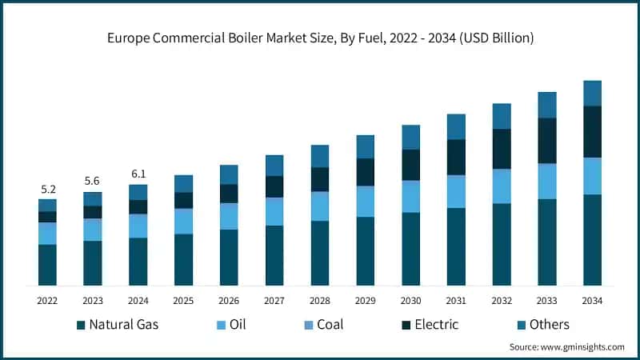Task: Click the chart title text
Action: coord(320,38)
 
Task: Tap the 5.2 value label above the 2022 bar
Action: coord(48,190)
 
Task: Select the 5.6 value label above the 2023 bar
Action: coord(93,182)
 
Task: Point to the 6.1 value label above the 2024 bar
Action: coord(138,174)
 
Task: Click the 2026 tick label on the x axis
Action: coord(229,301)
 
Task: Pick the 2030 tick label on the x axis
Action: coord(410,301)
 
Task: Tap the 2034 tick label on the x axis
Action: coord(592,301)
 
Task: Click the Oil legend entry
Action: coord(232,325)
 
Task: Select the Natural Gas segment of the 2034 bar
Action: coord(592,240)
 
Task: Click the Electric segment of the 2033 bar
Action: coord(547,141)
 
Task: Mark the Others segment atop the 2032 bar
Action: coord(502,116)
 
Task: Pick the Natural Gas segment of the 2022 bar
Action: coord(48,265)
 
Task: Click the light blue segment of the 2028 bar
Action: coord(320,206)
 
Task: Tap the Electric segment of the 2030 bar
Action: coord(410,165)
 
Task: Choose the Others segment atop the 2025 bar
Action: coord(184,183)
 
